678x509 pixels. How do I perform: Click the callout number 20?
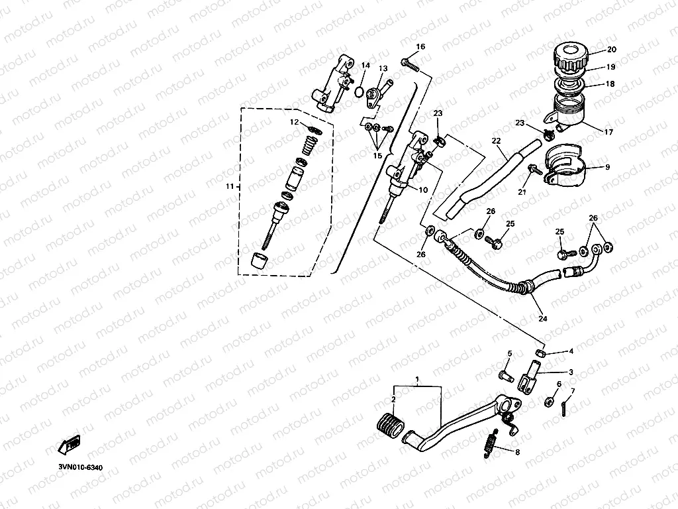(x=611, y=50)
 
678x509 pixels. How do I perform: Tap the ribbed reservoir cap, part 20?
(x=570, y=58)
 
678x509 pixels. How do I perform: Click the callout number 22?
(x=496, y=141)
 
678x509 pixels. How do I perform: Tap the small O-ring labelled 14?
(x=358, y=92)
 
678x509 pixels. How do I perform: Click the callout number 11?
(x=229, y=188)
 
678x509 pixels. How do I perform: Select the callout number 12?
(x=294, y=122)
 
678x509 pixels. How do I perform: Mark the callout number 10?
(x=422, y=190)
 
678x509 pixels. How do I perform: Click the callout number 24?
(x=543, y=319)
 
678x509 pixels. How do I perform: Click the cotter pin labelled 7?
(x=563, y=406)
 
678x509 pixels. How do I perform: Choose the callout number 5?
(x=510, y=354)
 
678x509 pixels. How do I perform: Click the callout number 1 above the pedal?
(x=417, y=380)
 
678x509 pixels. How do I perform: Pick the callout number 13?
(x=383, y=69)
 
